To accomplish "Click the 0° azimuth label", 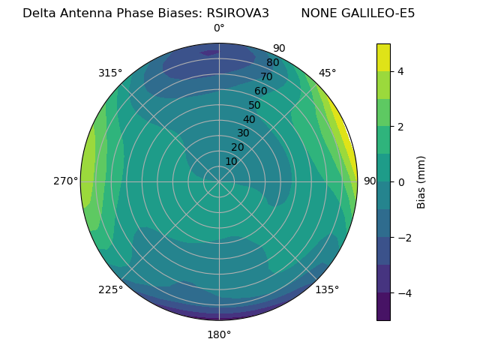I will [x=219, y=28].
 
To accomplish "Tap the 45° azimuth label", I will [x=328, y=73].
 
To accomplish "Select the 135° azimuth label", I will [x=327, y=289].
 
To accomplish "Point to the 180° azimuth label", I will [x=219, y=334].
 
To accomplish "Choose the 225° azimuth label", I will [x=110, y=289].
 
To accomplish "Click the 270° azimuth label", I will [x=65, y=181].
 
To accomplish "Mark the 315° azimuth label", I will [x=110, y=73].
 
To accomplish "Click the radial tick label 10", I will [x=231, y=161].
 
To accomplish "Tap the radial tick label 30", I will [x=243, y=133].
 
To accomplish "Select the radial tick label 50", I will [x=255, y=105].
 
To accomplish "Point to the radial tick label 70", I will [x=267, y=76].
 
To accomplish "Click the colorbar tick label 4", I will [x=401, y=71].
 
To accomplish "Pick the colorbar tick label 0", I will [x=401, y=182].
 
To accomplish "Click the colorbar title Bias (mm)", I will [x=421, y=182].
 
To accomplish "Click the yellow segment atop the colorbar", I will [x=383, y=57].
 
